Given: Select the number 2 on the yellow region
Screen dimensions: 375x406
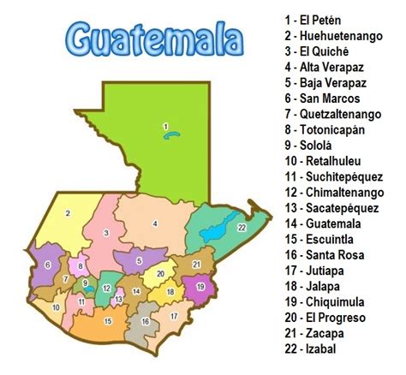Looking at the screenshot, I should click(68, 212).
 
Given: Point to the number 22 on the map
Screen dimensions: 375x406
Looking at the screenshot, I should click(242, 226).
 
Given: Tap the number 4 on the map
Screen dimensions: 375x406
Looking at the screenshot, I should click(155, 223).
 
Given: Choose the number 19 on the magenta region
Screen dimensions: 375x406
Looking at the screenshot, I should click(200, 287).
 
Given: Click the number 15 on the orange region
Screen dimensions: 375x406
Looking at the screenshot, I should click(107, 321).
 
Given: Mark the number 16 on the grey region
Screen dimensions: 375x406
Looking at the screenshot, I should click(145, 322).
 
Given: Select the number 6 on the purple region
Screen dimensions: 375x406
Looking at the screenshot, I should click(47, 265).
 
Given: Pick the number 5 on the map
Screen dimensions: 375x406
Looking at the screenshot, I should click(139, 260).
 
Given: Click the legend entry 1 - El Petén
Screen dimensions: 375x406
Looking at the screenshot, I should click(315, 18).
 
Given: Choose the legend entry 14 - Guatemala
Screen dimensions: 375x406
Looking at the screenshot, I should click(319, 223).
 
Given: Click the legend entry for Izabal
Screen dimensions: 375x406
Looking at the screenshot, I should click(313, 349).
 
